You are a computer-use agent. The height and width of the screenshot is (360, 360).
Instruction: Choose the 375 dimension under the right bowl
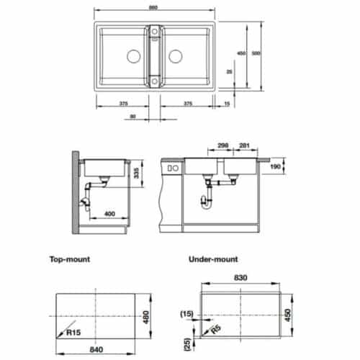coord(187,104)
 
